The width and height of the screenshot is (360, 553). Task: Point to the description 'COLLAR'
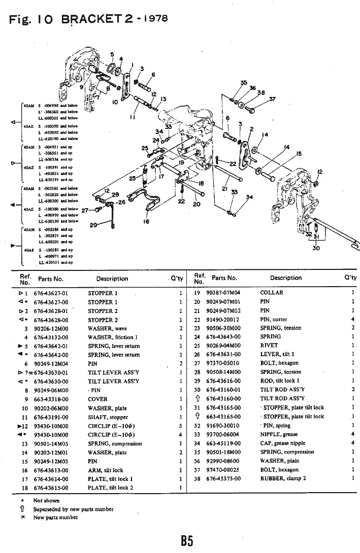pos(272,293)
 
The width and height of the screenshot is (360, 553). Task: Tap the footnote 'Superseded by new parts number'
pos(73,509)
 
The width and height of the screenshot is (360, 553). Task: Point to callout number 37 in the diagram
pos(272,99)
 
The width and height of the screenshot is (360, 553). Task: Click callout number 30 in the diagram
pos(316,248)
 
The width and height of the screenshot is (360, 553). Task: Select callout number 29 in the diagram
pos(93,225)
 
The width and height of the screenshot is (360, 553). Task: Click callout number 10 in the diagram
pos(116,102)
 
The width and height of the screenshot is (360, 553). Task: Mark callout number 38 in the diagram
pos(261,93)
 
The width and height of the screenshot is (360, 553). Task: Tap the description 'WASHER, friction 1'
pos(113,337)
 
